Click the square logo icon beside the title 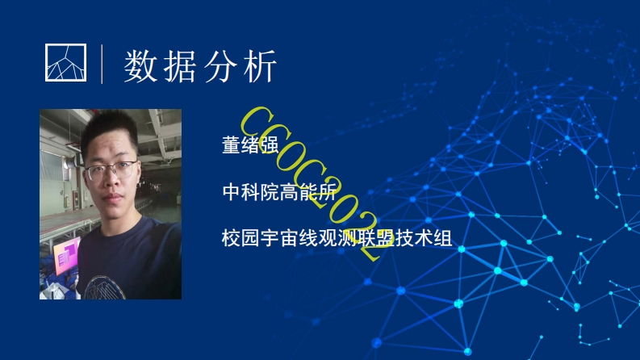point(65,61)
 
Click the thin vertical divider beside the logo point(102,64)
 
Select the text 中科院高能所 point(278,192)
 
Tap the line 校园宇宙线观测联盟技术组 point(335,238)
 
